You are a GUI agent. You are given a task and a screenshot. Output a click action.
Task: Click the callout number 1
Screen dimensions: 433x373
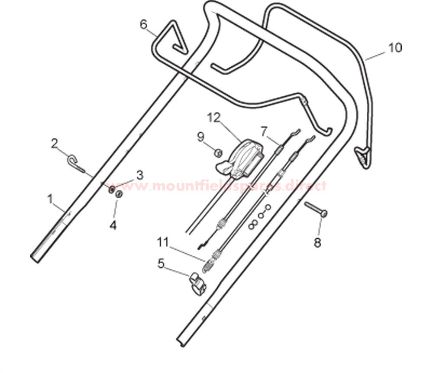coord(50,199)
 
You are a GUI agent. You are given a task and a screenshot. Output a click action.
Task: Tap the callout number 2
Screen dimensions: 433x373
coord(55,144)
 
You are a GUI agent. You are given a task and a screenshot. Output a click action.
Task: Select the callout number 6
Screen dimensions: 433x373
coord(144,25)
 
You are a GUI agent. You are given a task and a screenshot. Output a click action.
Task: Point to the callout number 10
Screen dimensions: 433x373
coord(395,48)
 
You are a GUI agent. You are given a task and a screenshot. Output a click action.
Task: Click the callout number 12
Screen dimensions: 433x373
coord(214,118)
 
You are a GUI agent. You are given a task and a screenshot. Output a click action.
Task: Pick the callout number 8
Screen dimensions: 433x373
coord(317,243)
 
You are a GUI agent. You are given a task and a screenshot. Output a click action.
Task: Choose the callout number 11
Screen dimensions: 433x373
coord(163,242)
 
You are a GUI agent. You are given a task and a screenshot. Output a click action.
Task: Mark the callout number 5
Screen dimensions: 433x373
coord(161,263)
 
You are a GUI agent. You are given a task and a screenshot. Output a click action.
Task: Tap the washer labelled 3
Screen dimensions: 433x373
coord(112,190)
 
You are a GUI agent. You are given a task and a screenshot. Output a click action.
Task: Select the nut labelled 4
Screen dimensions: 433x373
coord(120,194)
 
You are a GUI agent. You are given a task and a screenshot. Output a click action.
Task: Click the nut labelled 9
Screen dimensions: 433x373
coord(218,153)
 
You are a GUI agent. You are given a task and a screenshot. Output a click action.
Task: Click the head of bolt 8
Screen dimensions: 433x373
coord(324,213)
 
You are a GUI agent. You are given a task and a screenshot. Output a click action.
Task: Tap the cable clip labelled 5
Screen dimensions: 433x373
coord(198,283)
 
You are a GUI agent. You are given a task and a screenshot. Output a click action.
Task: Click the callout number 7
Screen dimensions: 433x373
coord(264,131)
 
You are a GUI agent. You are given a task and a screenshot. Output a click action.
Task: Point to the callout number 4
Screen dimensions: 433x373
coord(113,225)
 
